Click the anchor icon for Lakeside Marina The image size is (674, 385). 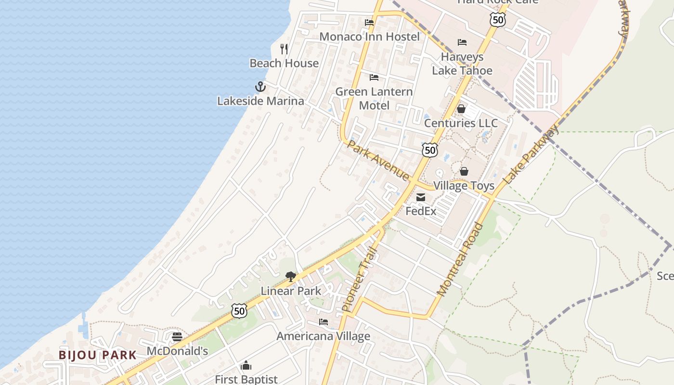tap(260, 87)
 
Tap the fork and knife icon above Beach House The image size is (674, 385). tap(284, 49)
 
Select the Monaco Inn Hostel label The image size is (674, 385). tap(369, 37)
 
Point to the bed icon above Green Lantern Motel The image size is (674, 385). tap(374, 77)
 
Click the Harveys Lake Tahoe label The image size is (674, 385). tap(462, 64)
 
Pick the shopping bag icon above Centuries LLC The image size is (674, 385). tap(461, 109)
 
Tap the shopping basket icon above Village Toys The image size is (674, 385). tap(464, 171)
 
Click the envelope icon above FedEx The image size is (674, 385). tap(421, 197)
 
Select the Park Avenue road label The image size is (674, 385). tap(378, 160)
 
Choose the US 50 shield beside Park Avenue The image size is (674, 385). tap(430, 150)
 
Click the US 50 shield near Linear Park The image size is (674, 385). tap(239, 310)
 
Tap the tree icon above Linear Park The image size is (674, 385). tap(290, 277)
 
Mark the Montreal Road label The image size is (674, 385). tap(459, 259)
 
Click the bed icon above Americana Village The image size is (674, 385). tap(324, 322)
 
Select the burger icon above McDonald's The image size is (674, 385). tap(177, 337)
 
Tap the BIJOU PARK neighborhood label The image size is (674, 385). tap(98, 355)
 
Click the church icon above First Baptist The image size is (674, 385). tap(246, 366)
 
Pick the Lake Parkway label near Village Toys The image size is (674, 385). tap(531, 154)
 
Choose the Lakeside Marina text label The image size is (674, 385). tap(260, 101)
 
